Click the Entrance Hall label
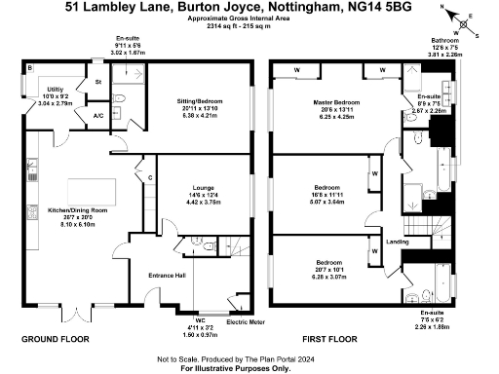[166, 276]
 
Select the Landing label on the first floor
[397, 241]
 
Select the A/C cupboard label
[98, 116]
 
